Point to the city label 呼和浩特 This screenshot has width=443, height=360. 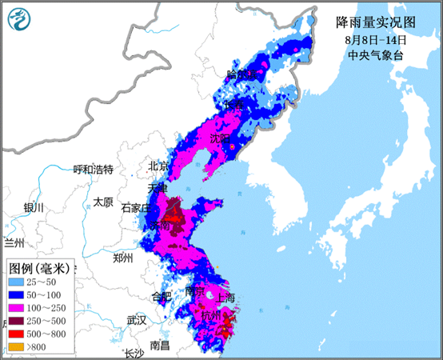pos(94,170)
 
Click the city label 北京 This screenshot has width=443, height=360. pos(158,166)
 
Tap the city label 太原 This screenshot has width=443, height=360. pos(102,202)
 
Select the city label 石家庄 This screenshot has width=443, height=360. pos(135,207)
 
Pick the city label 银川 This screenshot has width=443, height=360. pos(34,207)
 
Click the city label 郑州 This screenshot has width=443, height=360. pos(123,258)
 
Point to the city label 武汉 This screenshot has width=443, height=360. pos(136,320)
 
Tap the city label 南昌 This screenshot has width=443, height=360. pos(159,345)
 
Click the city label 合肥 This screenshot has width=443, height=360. pos(161,297)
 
